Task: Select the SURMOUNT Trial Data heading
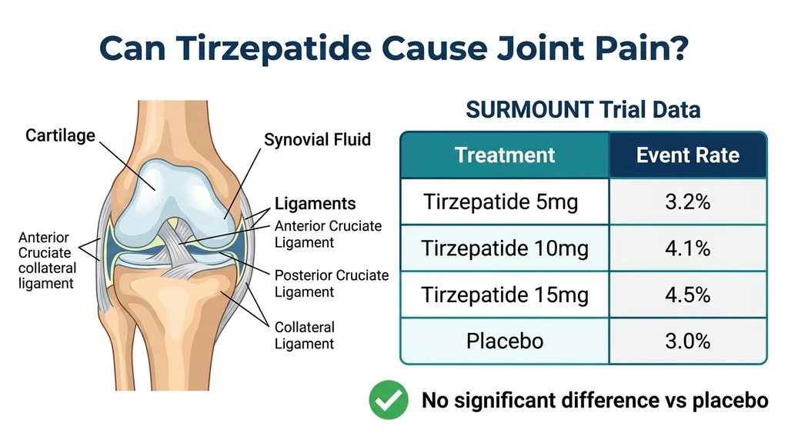583,110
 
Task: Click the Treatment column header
505,155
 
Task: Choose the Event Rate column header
687,155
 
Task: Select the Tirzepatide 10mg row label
505,249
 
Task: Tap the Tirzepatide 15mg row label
505,295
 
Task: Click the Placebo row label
505,340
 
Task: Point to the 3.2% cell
687,203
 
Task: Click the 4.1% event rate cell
687,249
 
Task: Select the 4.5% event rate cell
687,295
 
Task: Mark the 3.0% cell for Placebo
687,340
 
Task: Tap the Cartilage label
61,136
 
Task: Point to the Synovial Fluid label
317,140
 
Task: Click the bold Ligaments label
316,204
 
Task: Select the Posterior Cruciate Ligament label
332,284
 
